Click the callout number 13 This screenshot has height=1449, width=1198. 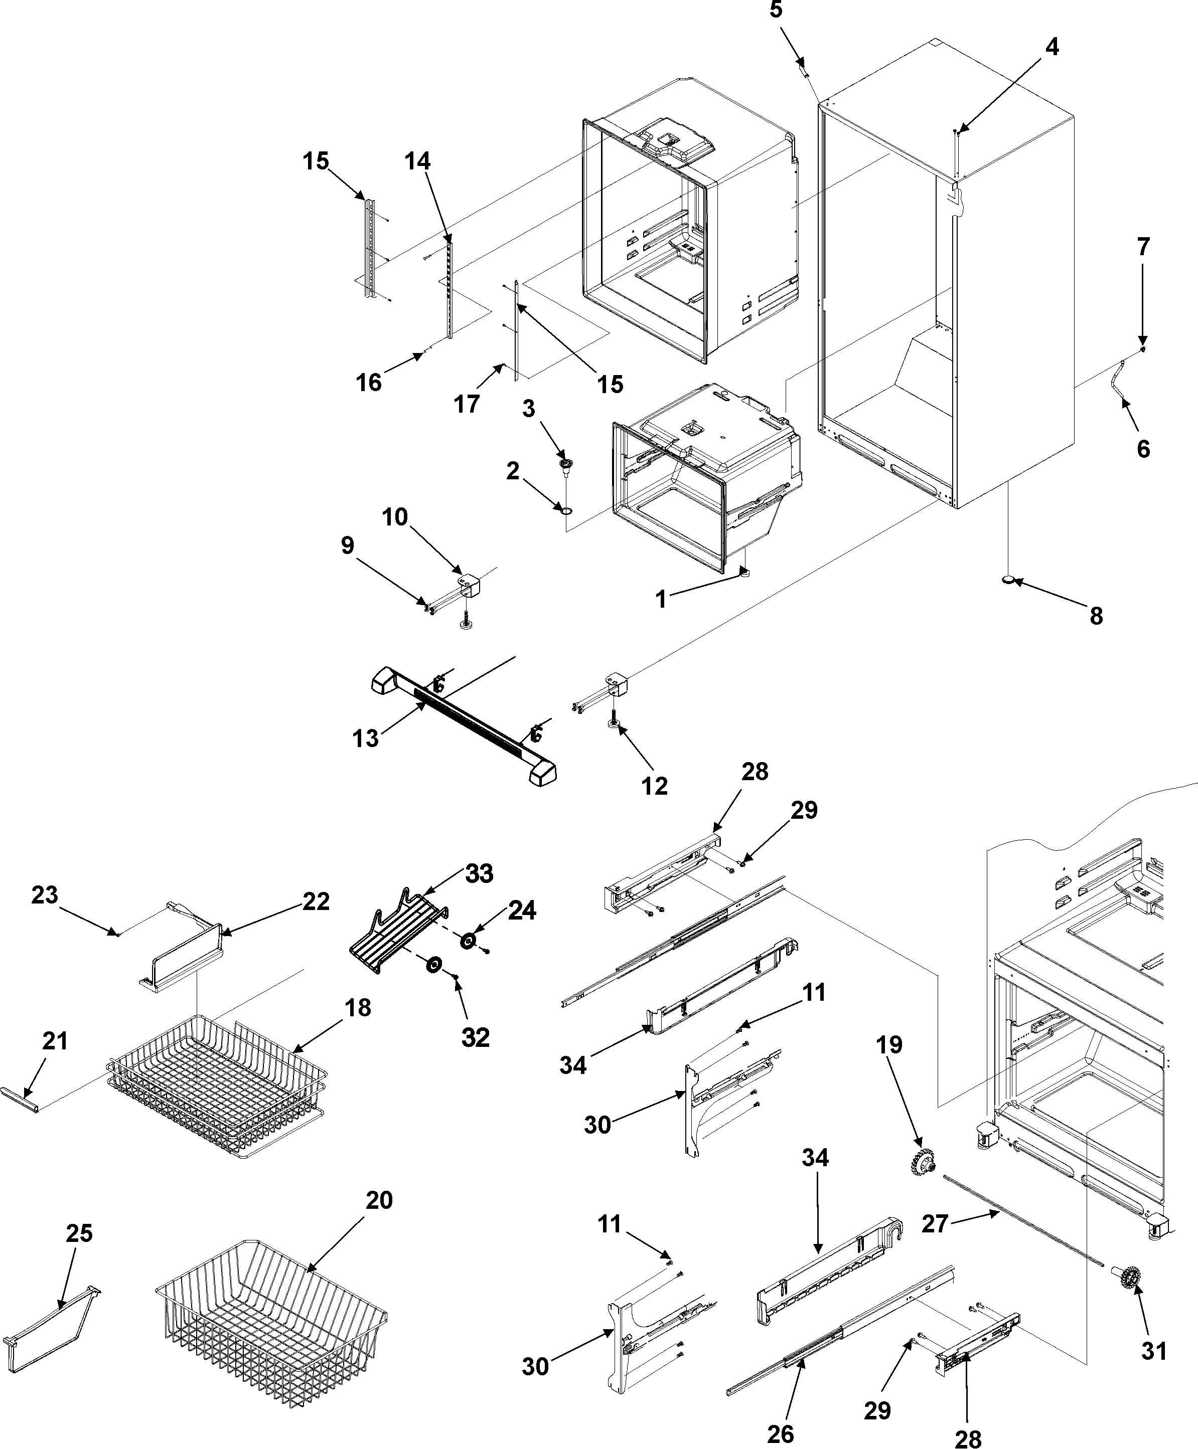coord(365,738)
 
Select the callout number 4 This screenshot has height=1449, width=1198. coord(1052,47)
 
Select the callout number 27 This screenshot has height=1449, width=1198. coord(935,1225)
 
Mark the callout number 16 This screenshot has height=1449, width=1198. coord(369,382)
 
